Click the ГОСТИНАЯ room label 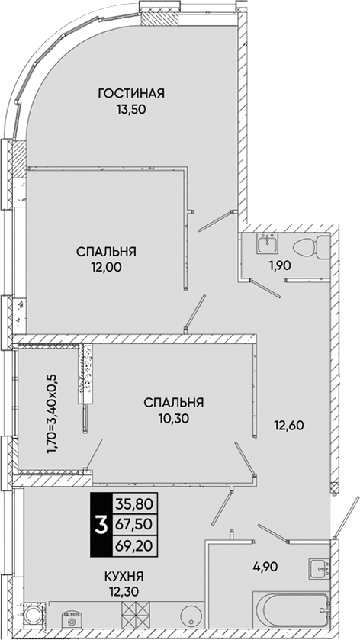pyautogui.click(x=131, y=94)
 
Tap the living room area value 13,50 pyautogui.click(x=131, y=109)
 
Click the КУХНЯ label pyautogui.click(x=124, y=577)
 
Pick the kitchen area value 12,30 pyautogui.click(x=124, y=592)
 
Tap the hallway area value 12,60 pyautogui.click(x=288, y=426)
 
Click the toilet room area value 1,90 pyautogui.click(x=279, y=265)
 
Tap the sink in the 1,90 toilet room pyautogui.click(x=268, y=243)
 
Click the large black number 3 pyautogui.click(x=101, y=526)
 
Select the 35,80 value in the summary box pyautogui.click(x=134, y=504)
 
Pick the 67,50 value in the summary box pyautogui.click(x=134, y=525)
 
